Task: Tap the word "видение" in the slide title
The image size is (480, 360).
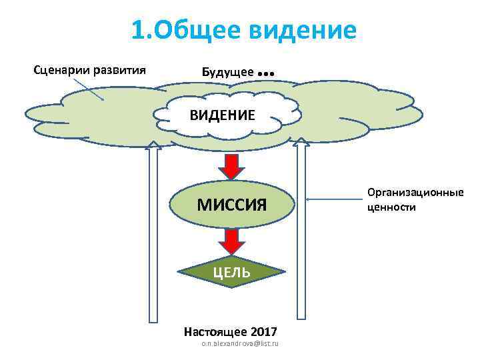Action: coord(306,30)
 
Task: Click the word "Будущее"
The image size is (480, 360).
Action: coord(227,71)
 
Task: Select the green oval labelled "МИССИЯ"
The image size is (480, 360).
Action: coord(231,204)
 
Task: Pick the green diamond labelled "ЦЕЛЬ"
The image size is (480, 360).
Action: coord(231,272)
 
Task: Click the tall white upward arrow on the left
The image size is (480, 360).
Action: coord(153,233)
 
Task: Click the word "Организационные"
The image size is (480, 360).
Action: coord(415,193)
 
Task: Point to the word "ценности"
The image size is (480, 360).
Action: coord(391,207)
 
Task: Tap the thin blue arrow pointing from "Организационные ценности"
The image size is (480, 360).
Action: coord(333,199)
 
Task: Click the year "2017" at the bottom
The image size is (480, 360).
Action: coord(263,331)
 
